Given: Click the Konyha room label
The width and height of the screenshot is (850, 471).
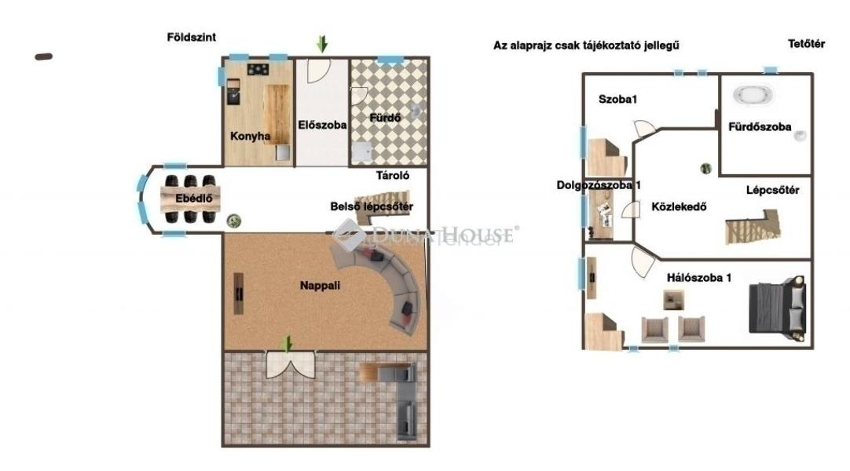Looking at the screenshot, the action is pos(250,136).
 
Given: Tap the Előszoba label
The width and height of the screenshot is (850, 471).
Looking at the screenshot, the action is pos(322,125).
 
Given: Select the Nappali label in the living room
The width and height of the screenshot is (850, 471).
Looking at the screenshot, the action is pos(320,285).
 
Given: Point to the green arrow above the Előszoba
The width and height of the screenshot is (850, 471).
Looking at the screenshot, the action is pos(322,43).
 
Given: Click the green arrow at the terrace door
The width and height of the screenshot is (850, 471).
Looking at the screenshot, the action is pos(288,343).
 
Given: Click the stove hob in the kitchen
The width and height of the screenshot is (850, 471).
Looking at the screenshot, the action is pos(258,69).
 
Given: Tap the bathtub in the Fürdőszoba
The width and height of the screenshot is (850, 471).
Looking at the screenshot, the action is pos(753,94).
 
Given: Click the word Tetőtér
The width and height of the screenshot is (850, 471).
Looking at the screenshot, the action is pos(806,45).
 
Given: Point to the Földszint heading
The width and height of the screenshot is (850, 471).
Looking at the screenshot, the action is pos(192,38).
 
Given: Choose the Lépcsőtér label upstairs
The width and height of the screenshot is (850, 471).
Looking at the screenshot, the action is pos(772,190).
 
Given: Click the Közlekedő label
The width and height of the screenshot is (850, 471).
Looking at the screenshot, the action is pos(679,206).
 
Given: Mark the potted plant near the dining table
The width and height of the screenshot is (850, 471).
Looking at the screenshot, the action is pos(233,221).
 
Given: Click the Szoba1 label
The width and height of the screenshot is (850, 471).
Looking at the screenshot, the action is pos(617,99).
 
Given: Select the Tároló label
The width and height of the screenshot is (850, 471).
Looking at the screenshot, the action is pos(393,175).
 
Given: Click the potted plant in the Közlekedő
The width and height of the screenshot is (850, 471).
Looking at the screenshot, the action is pos(705,168).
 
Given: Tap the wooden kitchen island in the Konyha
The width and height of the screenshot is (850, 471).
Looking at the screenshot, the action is pos(277,114).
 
